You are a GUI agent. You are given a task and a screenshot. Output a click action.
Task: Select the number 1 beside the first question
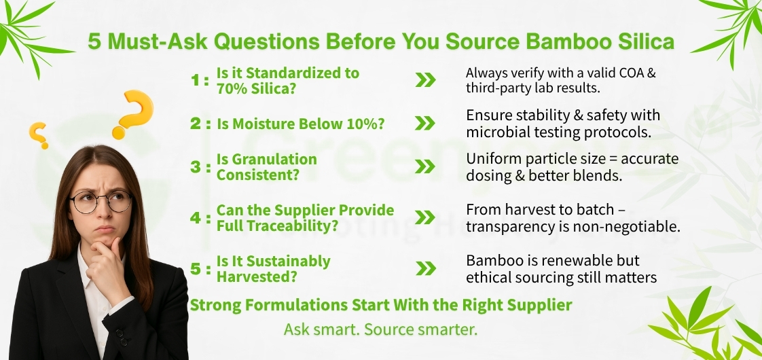pyautogui.click(x=194, y=80)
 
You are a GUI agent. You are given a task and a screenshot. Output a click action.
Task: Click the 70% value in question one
pyautogui.click(x=234, y=88)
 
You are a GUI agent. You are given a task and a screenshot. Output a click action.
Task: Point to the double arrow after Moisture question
pyautogui.click(x=425, y=123)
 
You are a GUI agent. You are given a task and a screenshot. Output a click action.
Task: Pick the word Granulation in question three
pyautogui.click(x=267, y=159)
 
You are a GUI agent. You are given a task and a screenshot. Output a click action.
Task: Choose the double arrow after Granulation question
pyautogui.click(x=425, y=166)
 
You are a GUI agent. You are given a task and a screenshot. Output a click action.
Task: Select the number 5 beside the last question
pyautogui.click(x=195, y=269)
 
